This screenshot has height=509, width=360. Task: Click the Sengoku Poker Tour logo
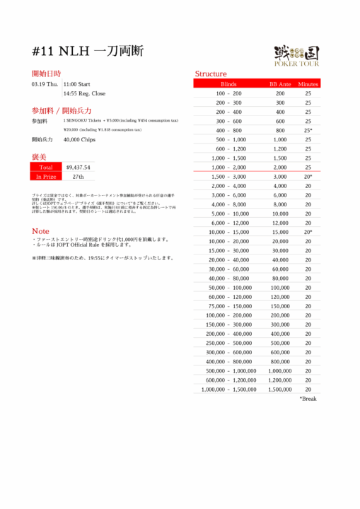pos(296,54)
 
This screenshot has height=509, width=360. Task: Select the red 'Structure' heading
pos(211,74)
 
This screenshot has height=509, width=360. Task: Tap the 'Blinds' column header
pos(228,83)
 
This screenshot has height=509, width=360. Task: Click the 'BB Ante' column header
pos(280,83)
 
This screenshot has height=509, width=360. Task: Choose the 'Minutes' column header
pos(308,83)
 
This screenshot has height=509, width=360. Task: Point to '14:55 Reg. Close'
pos(84,93)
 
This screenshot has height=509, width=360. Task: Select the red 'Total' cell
pos(45,168)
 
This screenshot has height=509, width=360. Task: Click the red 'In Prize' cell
pos(45,177)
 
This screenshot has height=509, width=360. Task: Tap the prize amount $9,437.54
pos(78,168)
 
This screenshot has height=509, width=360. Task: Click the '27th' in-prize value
pos(78,177)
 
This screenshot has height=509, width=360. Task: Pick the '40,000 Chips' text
pos(79,139)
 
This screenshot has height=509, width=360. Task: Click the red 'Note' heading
pos(40,231)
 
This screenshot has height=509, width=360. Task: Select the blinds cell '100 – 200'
pos(228,93)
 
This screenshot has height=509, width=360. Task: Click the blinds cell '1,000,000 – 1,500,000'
pos(228,390)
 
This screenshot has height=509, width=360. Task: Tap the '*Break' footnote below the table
pos(308,399)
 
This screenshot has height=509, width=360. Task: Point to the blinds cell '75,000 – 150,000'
pos(228,306)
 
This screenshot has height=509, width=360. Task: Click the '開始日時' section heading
pos(46,73)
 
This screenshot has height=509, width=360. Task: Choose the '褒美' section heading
pos(39,156)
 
